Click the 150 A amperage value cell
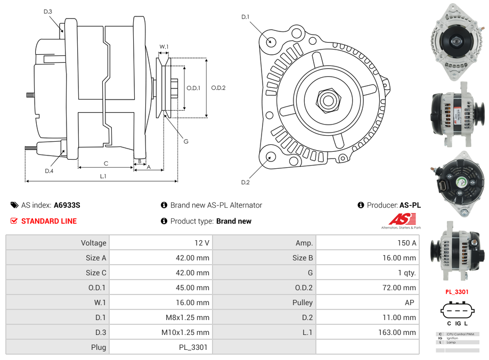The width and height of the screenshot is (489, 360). point(406,243)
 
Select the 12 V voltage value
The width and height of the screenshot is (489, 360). point(201,243)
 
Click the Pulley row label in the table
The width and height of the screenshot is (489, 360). point(302,302)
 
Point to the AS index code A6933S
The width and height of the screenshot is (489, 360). point(67,205)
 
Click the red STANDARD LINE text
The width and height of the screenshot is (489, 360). point(49,221)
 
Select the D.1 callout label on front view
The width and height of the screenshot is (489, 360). point(245,17)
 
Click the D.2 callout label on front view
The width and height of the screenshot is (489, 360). point(245,183)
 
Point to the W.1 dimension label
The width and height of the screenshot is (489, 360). point(164,47)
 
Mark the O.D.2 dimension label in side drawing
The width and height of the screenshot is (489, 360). point(218,88)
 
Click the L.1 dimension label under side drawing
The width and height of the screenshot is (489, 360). point(103,176)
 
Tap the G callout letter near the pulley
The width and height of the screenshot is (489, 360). point(186,142)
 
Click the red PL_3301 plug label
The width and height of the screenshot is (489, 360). point(457,292)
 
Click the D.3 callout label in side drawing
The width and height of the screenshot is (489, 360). point(48,11)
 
